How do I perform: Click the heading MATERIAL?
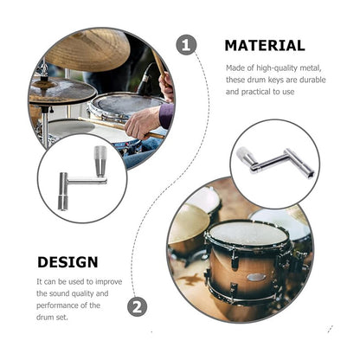(x=264, y=46)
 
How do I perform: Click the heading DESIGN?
(x=67, y=261)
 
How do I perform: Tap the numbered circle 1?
(x=186, y=45)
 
